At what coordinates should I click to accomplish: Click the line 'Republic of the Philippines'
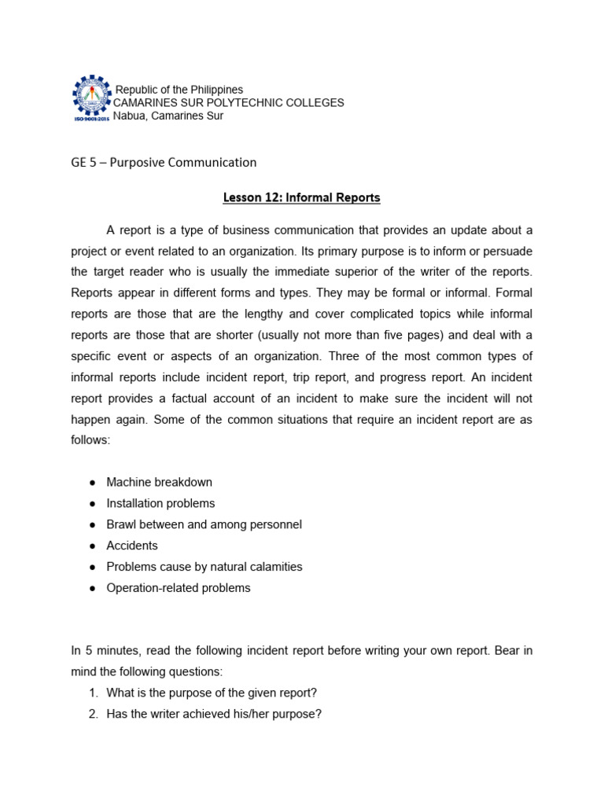(x=179, y=90)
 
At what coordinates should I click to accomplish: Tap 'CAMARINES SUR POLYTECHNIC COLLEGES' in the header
(x=229, y=103)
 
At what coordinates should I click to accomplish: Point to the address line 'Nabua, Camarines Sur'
(x=168, y=116)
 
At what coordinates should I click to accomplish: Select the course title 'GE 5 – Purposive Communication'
(x=164, y=163)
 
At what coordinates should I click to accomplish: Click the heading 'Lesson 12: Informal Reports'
(x=301, y=198)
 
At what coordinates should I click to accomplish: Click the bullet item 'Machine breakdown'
(x=159, y=482)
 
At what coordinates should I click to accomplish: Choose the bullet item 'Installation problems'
(x=160, y=503)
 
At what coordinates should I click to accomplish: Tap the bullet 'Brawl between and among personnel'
(x=204, y=524)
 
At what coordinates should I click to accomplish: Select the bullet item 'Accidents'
(x=132, y=546)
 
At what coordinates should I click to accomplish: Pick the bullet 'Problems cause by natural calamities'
(x=204, y=567)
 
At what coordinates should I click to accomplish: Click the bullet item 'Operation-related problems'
(x=179, y=588)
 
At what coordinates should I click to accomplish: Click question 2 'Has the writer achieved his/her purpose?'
(x=214, y=714)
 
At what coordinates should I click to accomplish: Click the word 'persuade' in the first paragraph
(x=509, y=251)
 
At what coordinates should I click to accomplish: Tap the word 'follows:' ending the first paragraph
(x=91, y=441)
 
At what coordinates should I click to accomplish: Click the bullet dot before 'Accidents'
(x=92, y=546)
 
